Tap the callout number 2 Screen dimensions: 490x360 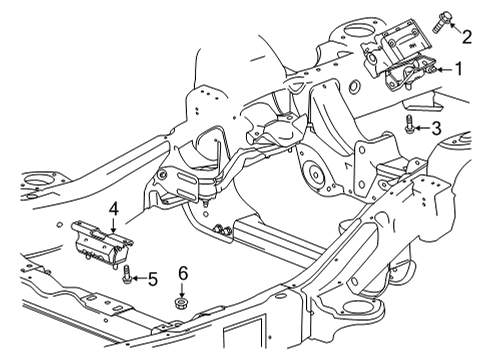tap(467, 37)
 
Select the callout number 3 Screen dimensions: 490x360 tap(435, 127)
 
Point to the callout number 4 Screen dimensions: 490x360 tap(114, 208)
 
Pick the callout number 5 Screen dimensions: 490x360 tap(152, 279)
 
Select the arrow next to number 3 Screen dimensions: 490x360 tap(423, 127)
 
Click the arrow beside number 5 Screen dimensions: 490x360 tap(140, 278)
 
